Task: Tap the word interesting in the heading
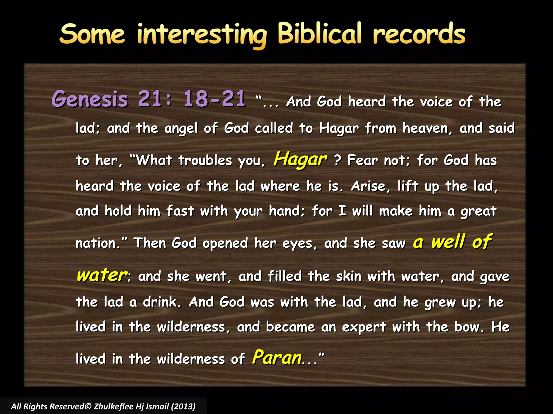point(202,35)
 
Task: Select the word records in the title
point(419,34)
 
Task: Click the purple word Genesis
point(90,99)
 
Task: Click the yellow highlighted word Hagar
point(300,159)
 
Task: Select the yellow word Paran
point(277,357)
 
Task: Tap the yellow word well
point(448,241)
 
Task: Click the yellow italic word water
point(102,275)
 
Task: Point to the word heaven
point(427,128)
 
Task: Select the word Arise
point(370,186)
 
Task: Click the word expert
point(364,327)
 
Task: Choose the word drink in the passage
point(161,302)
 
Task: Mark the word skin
point(348,277)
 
